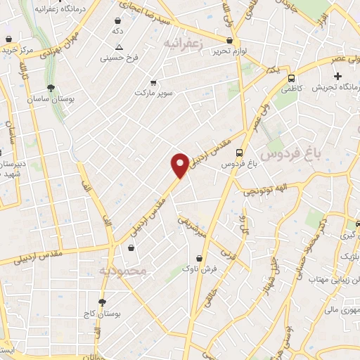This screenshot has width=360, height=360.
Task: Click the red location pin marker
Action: click(180, 165)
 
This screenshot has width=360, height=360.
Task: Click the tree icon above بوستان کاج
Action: click(103, 302)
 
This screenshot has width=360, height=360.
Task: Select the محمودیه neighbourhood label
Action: click(122, 271)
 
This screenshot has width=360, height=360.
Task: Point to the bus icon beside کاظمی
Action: click(292, 79)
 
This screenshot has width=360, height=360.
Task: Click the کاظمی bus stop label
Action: click(292, 91)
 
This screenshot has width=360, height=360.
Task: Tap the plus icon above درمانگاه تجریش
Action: click(337, 76)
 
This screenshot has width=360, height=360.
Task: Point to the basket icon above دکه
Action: click(117, 21)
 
